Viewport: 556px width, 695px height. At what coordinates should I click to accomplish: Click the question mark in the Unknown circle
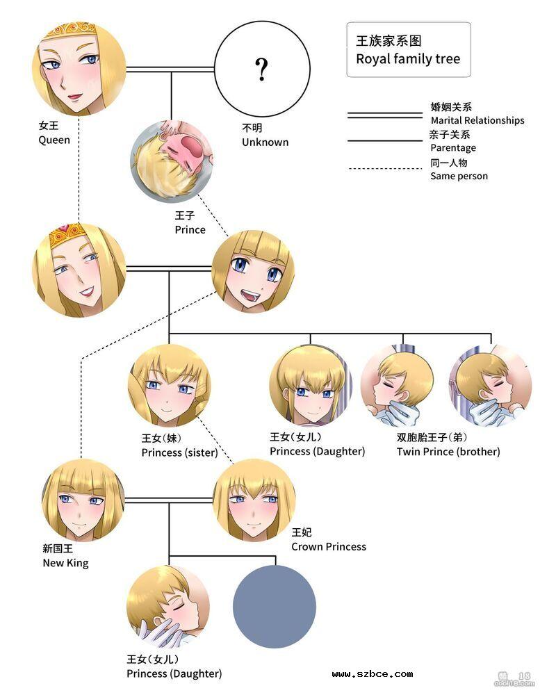click(x=261, y=69)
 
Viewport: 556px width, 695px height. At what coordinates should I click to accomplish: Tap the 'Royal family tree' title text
click(x=408, y=59)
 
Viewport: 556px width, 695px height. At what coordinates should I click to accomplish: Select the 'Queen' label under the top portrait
click(x=54, y=140)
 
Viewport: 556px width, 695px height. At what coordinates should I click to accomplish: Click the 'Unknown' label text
click(x=265, y=142)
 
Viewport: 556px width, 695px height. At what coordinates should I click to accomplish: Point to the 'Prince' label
click(x=190, y=229)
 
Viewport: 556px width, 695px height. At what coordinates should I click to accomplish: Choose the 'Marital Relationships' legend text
click(x=477, y=120)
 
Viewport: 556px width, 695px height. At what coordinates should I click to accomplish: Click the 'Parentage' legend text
click(x=453, y=147)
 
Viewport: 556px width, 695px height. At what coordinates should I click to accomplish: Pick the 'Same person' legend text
click(x=459, y=176)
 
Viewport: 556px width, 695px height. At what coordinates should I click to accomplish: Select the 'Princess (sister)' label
click(x=179, y=452)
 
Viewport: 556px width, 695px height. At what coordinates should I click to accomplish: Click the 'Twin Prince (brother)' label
click(x=448, y=452)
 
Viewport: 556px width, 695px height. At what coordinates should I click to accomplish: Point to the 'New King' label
click(x=65, y=563)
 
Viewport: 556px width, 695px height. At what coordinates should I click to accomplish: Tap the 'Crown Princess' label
click(x=329, y=547)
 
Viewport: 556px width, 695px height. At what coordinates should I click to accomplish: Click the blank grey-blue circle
click(x=274, y=607)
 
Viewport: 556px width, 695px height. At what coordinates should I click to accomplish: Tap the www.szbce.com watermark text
click(x=373, y=673)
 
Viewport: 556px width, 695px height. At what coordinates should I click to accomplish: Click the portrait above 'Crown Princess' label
click(x=254, y=499)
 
